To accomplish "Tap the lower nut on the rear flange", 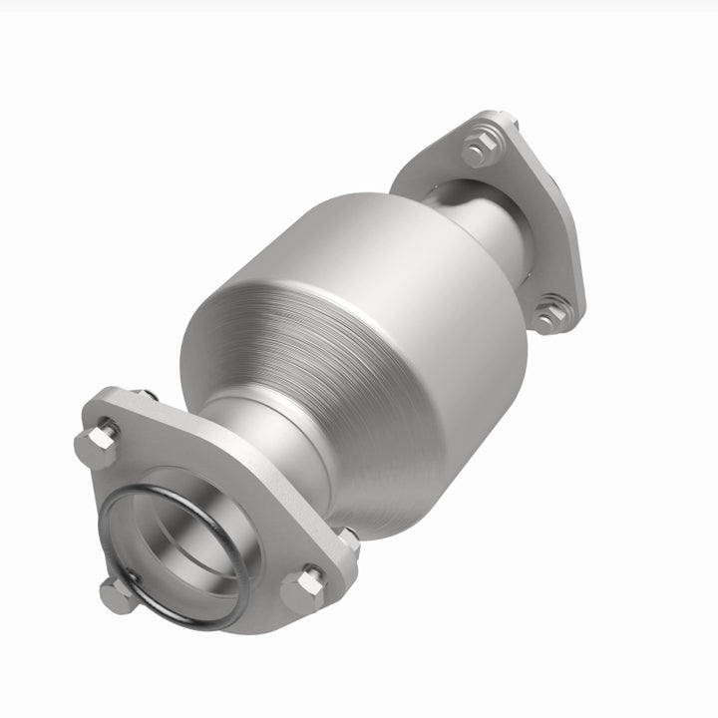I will pyautogui.click(x=550, y=314).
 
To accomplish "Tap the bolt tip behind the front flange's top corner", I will pyautogui.click(x=147, y=396).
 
